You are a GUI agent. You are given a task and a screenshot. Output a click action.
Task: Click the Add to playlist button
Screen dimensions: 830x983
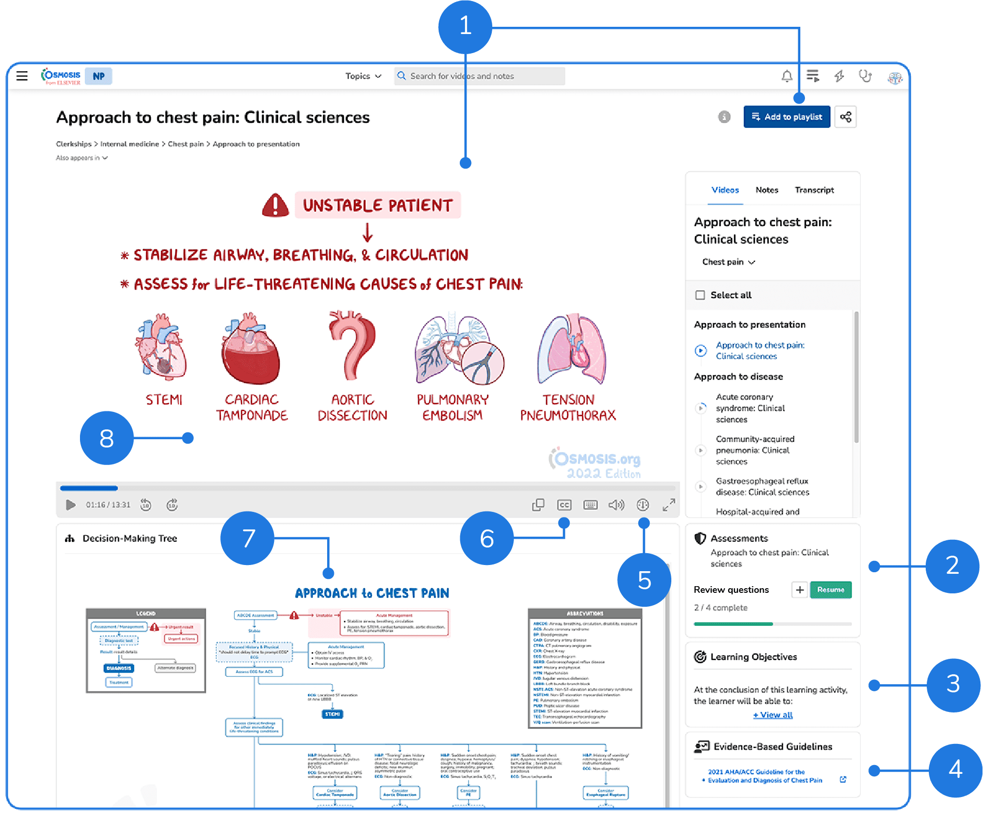tap(786, 117)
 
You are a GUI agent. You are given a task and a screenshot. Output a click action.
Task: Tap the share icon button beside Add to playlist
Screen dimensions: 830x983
tap(845, 117)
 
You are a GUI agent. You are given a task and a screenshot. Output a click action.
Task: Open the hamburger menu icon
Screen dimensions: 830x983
tap(22, 76)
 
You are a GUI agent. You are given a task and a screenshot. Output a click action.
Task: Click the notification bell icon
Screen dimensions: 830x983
tap(786, 77)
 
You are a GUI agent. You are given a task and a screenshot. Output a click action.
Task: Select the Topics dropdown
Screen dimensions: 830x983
tap(363, 76)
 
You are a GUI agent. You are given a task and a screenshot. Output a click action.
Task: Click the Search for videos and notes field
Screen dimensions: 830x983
tap(480, 76)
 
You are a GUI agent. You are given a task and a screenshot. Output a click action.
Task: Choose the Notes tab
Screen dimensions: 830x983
tap(767, 190)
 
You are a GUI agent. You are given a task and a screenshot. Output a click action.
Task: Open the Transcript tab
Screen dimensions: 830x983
tap(814, 190)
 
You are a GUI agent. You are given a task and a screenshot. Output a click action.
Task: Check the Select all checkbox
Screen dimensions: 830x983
tap(700, 295)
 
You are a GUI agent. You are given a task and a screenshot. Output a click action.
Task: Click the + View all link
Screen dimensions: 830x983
tap(772, 715)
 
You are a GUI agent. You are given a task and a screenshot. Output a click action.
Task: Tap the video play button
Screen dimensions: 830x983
tap(71, 505)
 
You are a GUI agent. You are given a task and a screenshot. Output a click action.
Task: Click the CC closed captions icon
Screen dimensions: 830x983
tap(564, 505)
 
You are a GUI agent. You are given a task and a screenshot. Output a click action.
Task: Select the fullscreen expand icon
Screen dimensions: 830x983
tap(669, 505)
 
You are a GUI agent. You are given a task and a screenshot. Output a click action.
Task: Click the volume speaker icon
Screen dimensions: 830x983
tap(616, 505)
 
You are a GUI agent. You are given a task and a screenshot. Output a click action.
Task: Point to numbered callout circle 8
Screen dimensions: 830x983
tap(106, 438)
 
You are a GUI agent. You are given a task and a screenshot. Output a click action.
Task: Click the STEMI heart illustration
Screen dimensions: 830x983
tap(161, 348)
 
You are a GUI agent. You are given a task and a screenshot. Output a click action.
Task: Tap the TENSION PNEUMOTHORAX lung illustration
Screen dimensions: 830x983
tap(571, 349)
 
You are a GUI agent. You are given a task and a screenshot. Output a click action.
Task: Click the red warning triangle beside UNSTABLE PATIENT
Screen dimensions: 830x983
tap(276, 205)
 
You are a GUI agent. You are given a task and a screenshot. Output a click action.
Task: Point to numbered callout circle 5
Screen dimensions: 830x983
tap(644, 580)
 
